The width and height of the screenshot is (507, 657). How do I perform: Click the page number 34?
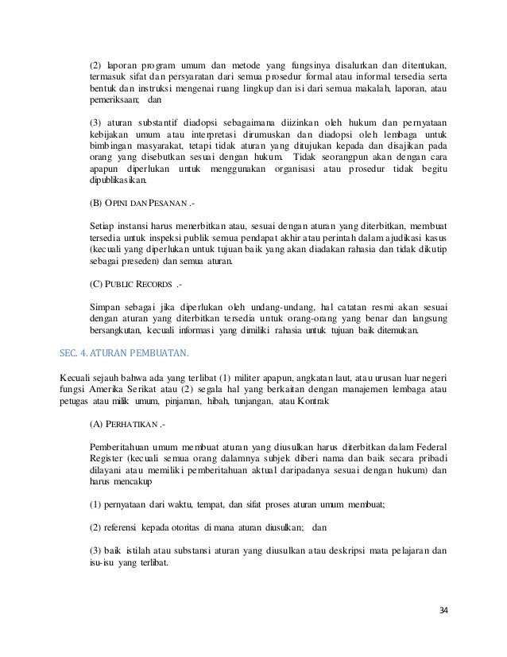pos(443,610)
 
